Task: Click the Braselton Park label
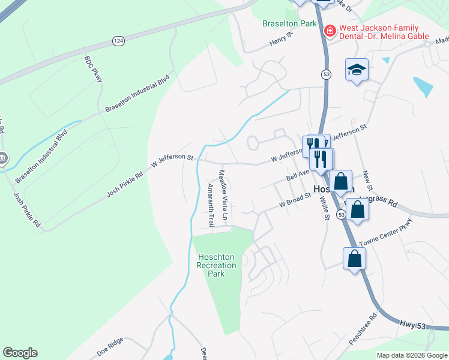(x=289, y=24)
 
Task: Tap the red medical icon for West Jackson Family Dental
(x=329, y=30)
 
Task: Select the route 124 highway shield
(x=118, y=41)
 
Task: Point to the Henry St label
(x=280, y=40)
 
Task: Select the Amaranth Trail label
(x=210, y=205)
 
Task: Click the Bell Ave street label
(x=298, y=175)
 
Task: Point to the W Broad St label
(x=294, y=200)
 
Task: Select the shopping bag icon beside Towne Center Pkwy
(x=355, y=259)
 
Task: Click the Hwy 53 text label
(x=413, y=325)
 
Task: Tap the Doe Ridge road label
(x=110, y=344)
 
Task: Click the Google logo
(x=20, y=353)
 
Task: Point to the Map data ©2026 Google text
(x=411, y=355)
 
